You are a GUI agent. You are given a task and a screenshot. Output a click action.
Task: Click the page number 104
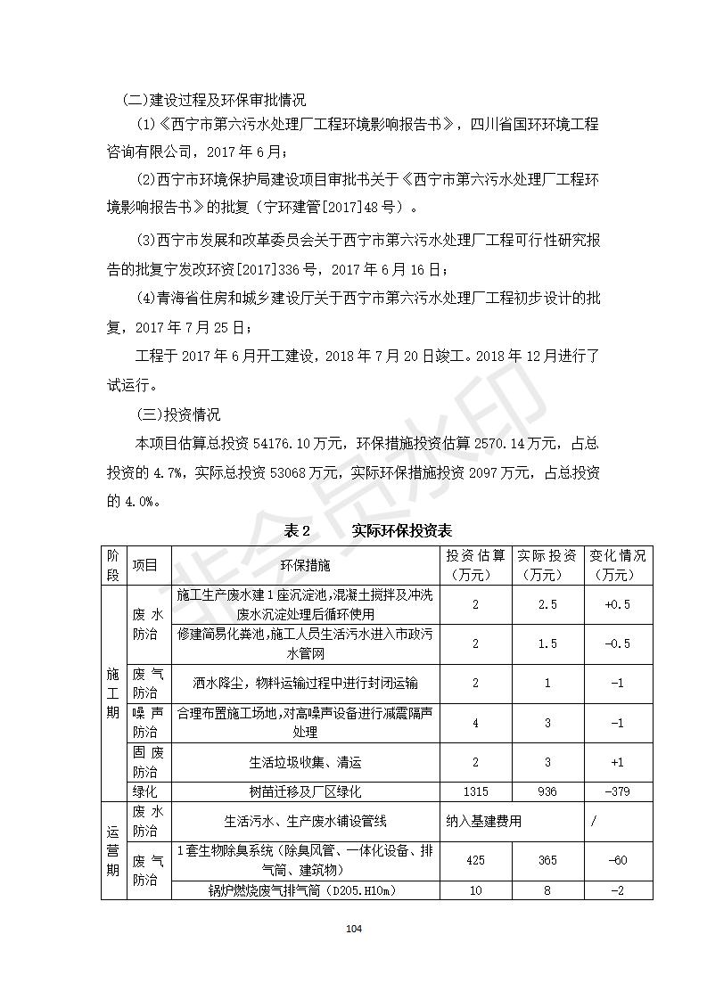click(354, 930)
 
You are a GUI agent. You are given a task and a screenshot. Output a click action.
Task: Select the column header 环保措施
click(305, 565)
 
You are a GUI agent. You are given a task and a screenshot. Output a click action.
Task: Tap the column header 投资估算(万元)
click(475, 565)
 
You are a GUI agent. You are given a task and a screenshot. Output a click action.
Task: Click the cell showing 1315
click(475, 791)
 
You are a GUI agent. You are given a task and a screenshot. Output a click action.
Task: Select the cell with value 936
click(547, 791)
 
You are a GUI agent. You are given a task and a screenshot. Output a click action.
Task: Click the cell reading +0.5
click(617, 604)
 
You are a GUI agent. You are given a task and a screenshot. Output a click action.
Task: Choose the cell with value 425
click(475, 860)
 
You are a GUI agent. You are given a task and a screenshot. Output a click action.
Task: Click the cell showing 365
click(547, 860)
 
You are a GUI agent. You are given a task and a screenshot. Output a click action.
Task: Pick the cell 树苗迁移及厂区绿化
click(305, 791)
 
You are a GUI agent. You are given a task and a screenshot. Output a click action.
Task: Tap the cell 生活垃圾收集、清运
click(305, 763)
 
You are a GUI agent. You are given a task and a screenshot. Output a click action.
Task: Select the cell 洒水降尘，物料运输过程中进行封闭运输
click(305, 683)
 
